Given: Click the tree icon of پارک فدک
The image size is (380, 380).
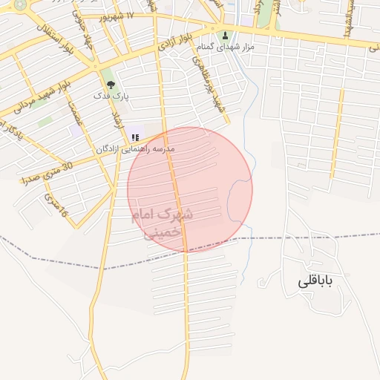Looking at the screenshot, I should [x=111, y=85].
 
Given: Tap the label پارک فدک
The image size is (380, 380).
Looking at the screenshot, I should [x=111, y=96].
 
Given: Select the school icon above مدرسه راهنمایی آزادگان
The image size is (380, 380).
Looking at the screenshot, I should [x=135, y=137].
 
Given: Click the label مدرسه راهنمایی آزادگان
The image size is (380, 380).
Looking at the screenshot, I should [x=135, y=149].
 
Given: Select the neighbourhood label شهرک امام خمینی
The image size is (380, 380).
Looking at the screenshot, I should [x=162, y=222].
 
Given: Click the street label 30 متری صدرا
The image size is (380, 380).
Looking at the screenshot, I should [x=47, y=174].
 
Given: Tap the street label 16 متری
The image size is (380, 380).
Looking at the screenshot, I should [x=56, y=206].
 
